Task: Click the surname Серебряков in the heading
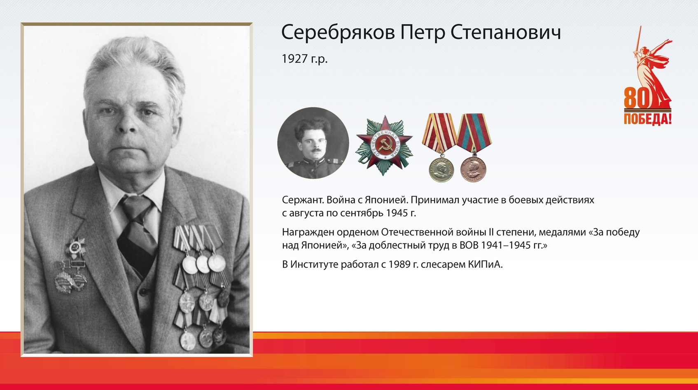pyautogui.click(x=338, y=33)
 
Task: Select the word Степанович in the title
pyautogui.click(x=505, y=33)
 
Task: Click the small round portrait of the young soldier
pyautogui.click(x=313, y=143)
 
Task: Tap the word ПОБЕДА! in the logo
pyautogui.click(x=647, y=119)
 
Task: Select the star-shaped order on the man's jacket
pyautogui.click(x=75, y=248)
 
